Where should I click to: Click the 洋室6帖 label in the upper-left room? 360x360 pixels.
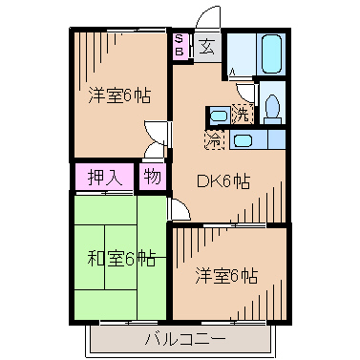click(119, 95)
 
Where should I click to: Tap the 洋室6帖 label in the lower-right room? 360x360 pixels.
click(226, 276)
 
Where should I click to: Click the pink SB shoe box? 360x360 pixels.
click(180, 45)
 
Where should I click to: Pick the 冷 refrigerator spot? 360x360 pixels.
click(214, 139)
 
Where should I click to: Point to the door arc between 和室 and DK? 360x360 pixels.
click(180, 210)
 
